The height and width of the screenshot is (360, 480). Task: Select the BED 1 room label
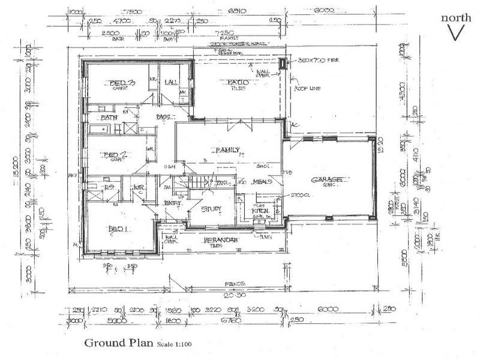[118, 229]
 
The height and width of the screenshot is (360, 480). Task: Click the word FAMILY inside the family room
[228, 150]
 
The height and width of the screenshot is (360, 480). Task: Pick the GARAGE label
[328, 180]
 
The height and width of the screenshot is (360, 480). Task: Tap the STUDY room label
[211, 209]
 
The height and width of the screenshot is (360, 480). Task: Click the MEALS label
[263, 181]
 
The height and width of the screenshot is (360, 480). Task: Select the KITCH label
[259, 211]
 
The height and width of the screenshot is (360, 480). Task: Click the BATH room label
[109, 118]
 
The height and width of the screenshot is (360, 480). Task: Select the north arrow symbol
[456, 34]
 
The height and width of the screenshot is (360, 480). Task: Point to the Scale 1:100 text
[175, 344]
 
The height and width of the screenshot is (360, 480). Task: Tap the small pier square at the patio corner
[283, 62]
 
